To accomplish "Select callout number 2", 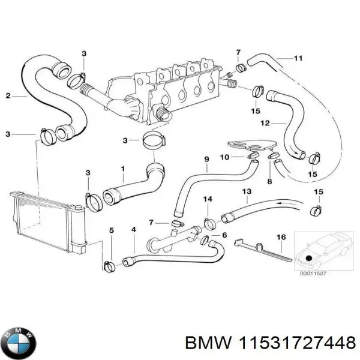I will tap(8, 95).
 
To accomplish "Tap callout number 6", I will tap(224, 236).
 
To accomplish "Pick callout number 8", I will tap(269, 181).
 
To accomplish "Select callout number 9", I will tap(206, 158).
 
